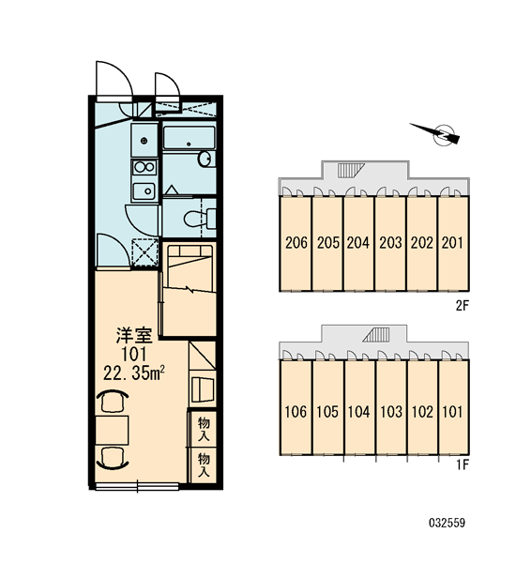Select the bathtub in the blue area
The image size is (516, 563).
pos(189,138)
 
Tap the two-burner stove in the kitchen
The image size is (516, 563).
pos(144,167)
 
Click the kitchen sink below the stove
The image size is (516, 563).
pos(144,191)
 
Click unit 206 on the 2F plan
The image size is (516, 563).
pos(296,243)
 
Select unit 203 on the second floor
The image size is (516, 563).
pos(390,243)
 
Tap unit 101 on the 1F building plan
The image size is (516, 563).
pos(452,412)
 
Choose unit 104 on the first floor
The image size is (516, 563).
pos(358,412)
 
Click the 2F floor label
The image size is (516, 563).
pos(463,306)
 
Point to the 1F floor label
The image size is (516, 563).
pos(463,465)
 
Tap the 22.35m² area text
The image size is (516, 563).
pos(134,373)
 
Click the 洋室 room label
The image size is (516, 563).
pos(134,335)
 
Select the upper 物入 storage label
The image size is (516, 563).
pos(204,430)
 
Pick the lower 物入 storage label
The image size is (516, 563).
pos(204,465)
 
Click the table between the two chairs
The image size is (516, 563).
pos(112,431)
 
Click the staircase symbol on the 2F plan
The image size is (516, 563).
pos(351,170)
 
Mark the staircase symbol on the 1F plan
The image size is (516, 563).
pos(376,334)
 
